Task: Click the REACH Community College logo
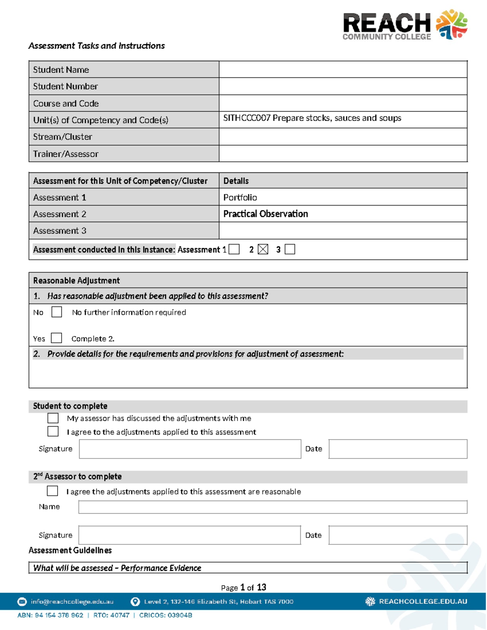(x=405, y=25)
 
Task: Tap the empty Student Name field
(x=343, y=69)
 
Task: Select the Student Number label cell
(x=124, y=86)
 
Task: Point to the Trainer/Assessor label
(x=66, y=154)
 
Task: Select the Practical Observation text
(x=265, y=214)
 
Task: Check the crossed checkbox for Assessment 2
(x=263, y=249)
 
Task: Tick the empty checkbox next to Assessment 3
(x=290, y=249)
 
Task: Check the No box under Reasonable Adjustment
(x=57, y=312)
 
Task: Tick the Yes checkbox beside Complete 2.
(x=56, y=338)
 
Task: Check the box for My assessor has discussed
(x=53, y=418)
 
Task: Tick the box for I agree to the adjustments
(x=53, y=431)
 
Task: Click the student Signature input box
(x=190, y=449)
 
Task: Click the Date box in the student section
(x=398, y=449)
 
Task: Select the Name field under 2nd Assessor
(x=273, y=507)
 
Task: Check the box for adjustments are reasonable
(x=52, y=491)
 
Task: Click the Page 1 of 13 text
(x=243, y=587)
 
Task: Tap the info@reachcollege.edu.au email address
(x=72, y=602)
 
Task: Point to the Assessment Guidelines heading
(x=70, y=550)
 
